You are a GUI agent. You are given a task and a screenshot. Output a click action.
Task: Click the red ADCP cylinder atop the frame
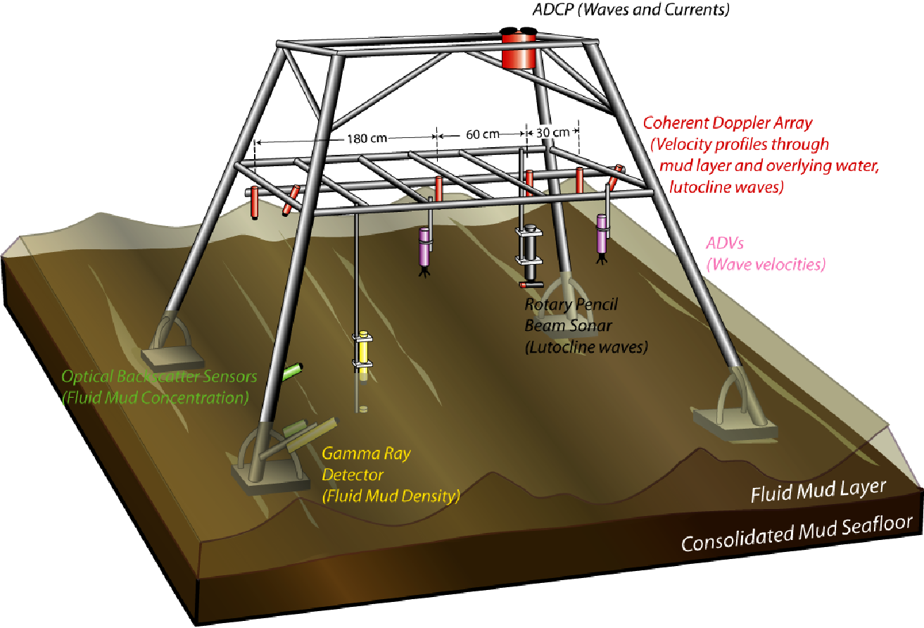(x=520, y=51)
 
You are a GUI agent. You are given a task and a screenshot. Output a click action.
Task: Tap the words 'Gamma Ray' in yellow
(x=366, y=453)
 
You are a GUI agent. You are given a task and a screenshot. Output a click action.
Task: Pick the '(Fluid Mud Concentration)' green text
(x=156, y=398)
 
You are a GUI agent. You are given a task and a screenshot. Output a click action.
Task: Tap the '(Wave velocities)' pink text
(x=766, y=265)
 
